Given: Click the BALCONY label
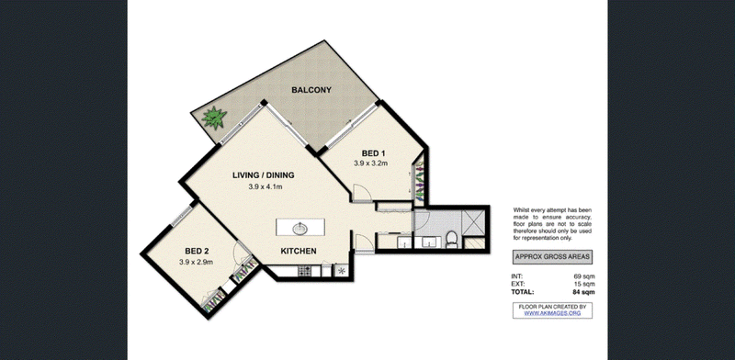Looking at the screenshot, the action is point(311,90).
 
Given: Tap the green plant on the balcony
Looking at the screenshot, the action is point(214,118).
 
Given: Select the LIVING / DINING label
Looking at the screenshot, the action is point(264,175).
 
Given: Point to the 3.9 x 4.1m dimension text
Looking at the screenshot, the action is point(266,186).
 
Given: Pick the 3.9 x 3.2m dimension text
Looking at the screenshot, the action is point(370,163).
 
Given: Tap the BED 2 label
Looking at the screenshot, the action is point(197,252).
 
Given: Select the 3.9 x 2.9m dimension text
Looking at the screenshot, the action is point(196,262).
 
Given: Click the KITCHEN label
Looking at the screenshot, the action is point(299,252).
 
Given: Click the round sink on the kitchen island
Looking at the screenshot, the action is point(300,229).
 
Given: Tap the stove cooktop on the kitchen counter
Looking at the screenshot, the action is point(304,271).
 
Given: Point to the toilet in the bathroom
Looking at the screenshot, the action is point(451,239).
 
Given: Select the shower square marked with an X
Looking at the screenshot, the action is point(473,222).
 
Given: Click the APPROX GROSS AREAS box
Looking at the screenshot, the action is point(552,257).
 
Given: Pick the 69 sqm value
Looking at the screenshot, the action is point(584,276).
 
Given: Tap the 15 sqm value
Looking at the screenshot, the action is point(584,284).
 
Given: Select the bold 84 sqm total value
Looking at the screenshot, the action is point(584,292).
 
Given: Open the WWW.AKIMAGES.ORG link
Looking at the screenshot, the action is point(552,313).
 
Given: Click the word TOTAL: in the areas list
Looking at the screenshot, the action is point(523,292).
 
